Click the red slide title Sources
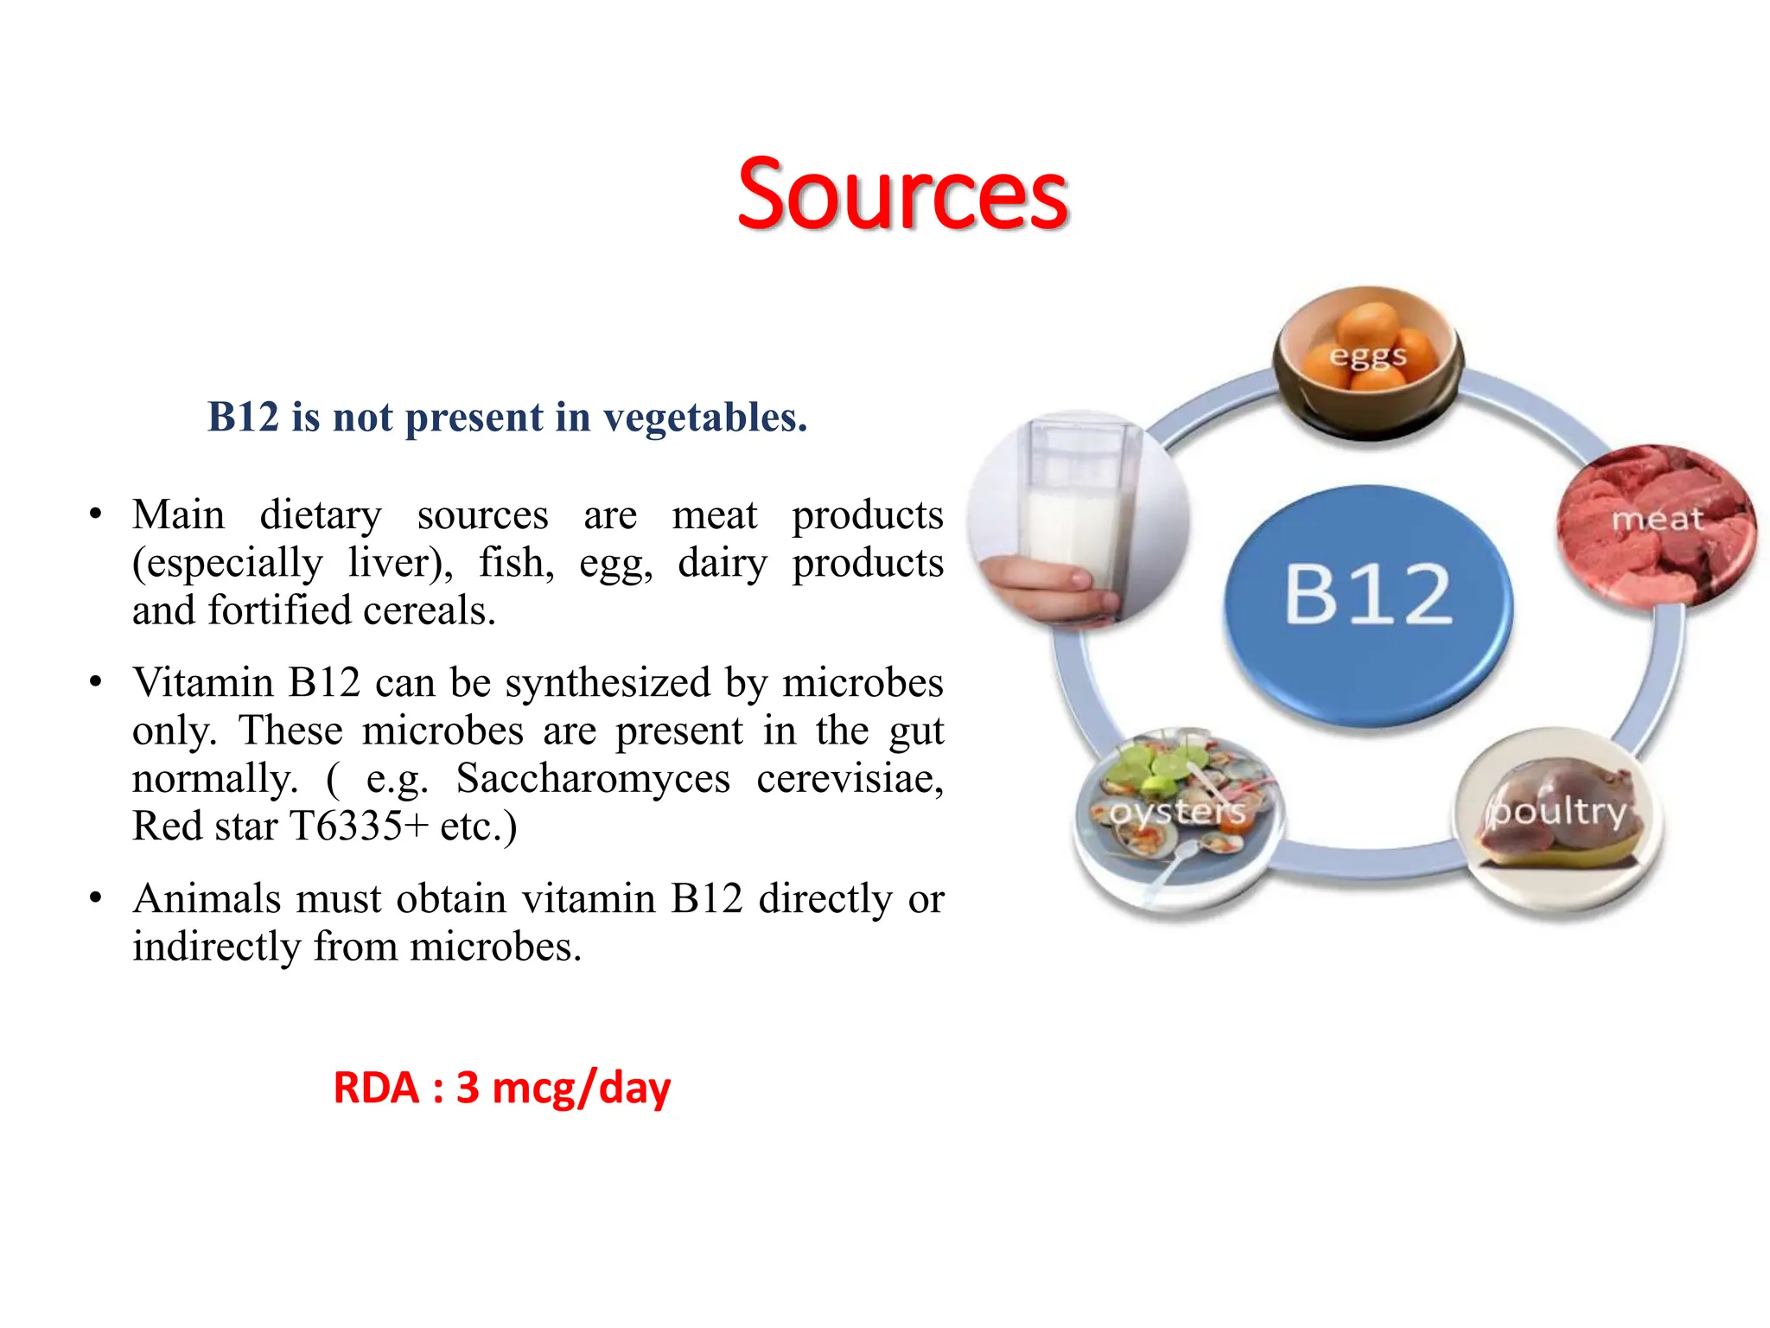coord(902,194)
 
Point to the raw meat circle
coord(1656,524)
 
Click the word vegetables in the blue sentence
coord(704,418)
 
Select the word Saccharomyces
coord(593,778)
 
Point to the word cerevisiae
coord(849,778)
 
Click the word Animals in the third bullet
coord(207,898)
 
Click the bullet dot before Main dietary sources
coord(96,515)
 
